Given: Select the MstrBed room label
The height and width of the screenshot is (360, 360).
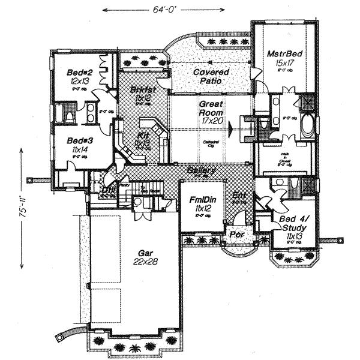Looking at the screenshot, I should [x=284, y=54].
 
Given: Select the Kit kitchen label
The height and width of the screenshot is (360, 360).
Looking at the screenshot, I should [x=145, y=137].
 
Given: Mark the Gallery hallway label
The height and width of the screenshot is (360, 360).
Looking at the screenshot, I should [x=197, y=170].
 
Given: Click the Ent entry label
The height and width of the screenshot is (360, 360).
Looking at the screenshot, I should [x=238, y=195].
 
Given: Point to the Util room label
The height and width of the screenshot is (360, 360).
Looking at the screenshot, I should [x=109, y=191].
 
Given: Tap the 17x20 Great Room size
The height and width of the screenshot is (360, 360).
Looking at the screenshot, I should [x=211, y=120].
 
